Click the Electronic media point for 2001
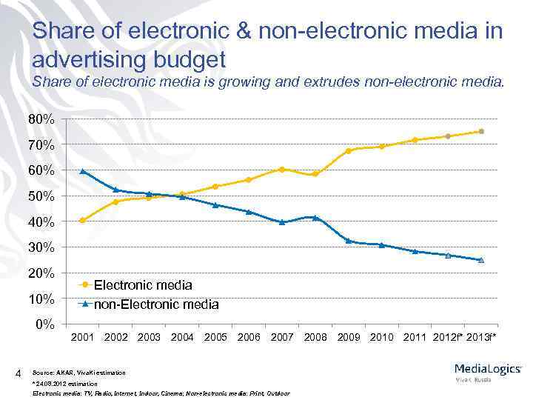pos(82,220)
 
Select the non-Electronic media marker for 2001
pos(82,171)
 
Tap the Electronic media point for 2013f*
pos(481,131)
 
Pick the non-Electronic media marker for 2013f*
pos(481,260)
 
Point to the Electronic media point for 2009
pos(348,151)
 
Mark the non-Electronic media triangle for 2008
pos(315,218)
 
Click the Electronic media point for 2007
pos(282,169)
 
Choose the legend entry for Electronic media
pos(143,284)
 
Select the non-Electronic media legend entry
pos(155,304)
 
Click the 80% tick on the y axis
pos(42,119)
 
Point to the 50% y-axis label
pos(42,196)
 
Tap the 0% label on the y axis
pos(45,324)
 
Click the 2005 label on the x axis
pos(215,338)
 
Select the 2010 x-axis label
pos(381,338)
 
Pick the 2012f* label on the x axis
pos(446,338)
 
